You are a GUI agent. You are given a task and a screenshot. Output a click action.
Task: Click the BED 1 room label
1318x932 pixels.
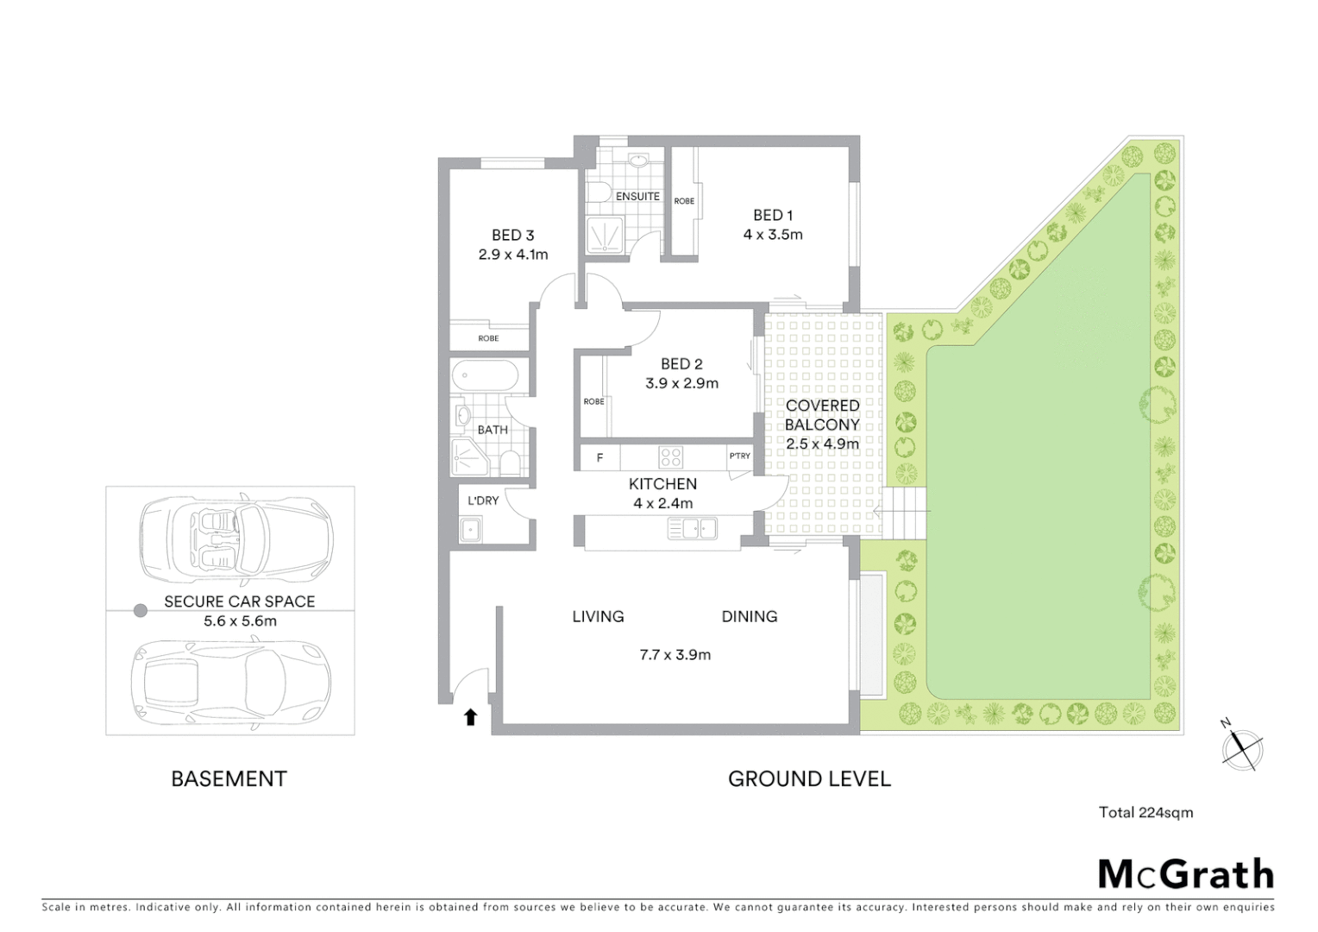(x=772, y=215)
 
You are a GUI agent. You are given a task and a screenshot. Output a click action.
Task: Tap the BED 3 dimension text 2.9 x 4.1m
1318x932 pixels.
(x=512, y=255)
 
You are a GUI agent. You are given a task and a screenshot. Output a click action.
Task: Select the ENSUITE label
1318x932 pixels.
(x=637, y=197)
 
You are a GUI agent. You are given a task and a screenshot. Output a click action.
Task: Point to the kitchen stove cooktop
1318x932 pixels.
(x=671, y=457)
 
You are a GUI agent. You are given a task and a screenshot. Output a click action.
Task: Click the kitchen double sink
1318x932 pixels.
(x=693, y=528)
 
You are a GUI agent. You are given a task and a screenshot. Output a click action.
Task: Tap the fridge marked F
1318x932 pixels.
(x=599, y=457)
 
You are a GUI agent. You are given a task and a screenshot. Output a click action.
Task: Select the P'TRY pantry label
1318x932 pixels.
(x=739, y=456)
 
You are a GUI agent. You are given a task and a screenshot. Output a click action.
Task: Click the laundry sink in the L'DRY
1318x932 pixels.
(x=470, y=529)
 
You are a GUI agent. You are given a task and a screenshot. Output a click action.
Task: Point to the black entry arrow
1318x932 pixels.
(x=470, y=716)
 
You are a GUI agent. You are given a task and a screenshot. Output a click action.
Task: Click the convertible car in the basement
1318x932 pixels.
(x=235, y=539)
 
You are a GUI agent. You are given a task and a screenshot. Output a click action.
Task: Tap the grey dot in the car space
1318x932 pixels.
(x=140, y=611)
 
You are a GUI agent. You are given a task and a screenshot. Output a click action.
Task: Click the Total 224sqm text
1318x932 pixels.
(x=1145, y=812)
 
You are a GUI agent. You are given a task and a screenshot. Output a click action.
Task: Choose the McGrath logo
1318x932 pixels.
(x=1186, y=874)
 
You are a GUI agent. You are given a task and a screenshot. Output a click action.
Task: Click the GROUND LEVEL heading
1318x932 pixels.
(x=809, y=779)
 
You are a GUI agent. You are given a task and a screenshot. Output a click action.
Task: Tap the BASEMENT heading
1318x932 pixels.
(x=229, y=779)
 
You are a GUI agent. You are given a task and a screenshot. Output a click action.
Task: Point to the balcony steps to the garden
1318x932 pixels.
(x=905, y=513)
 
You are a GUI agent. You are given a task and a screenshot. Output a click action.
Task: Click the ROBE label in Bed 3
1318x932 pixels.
(x=488, y=338)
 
